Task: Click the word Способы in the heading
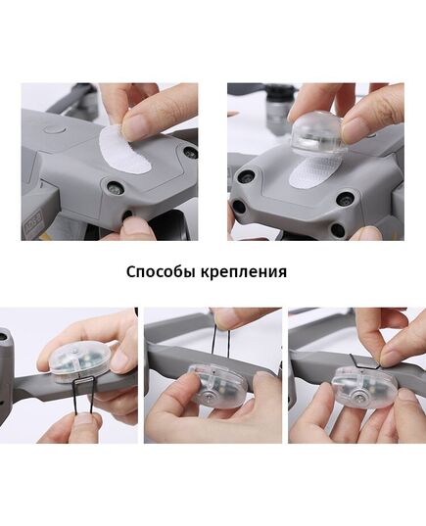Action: pyautogui.click(x=161, y=271)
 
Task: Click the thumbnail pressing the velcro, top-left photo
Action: pyautogui.click(x=137, y=124)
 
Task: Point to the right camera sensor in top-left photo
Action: pyautogui.click(x=189, y=153)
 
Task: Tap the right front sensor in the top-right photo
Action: pyautogui.click(x=344, y=199)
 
